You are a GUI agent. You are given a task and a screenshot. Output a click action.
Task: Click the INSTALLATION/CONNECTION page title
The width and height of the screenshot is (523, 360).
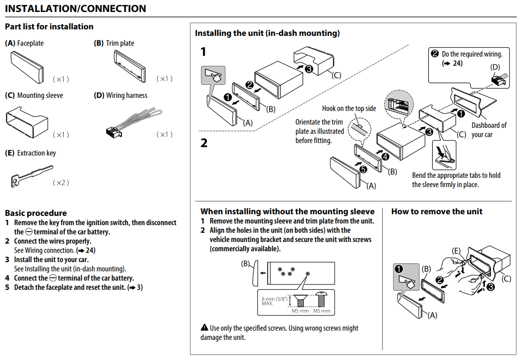pyautogui.click(x=76, y=9)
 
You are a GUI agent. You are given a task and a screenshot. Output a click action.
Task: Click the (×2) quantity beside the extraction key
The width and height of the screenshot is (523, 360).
pyautogui.click(x=61, y=183)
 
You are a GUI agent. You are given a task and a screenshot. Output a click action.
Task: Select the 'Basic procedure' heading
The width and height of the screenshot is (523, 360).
pyautogui.click(x=36, y=213)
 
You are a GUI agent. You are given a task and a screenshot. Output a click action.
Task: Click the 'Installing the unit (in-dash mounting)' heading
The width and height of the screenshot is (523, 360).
pyautogui.click(x=267, y=33)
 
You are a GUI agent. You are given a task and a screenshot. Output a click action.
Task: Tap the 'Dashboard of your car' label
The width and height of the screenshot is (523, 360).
pyautogui.click(x=489, y=129)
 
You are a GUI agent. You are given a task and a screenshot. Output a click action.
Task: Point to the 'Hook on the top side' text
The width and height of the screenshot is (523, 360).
pyautogui.click(x=349, y=108)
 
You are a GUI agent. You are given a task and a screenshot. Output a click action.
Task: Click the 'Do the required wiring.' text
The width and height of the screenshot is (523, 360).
pyautogui.click(x=471, y=54)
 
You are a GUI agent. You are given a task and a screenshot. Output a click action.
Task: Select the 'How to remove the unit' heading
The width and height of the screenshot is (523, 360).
pyautogui.click(x=436, y=212)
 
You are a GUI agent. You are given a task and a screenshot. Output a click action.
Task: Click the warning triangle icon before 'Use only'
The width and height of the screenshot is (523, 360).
pyautogui.click(x=204, y=328)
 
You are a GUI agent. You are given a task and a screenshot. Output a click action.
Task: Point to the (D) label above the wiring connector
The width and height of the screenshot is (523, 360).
pyautogui.click(x=495, y=67)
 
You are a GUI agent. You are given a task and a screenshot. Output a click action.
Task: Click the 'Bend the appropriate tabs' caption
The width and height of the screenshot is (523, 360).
pyautogui.click(x=456, y=179)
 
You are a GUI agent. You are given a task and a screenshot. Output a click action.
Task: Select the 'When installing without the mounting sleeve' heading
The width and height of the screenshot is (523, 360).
pyautogui.click(x=287, y=212)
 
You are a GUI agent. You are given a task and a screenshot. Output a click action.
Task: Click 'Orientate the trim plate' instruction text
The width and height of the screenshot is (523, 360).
pyautogui.click(x=320, y=131)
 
